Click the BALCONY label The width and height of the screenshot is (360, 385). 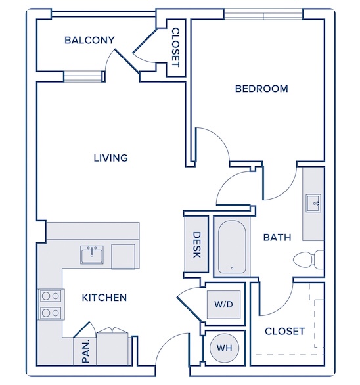(x=89, y=40)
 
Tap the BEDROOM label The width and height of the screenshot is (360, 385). (x=261, y=89)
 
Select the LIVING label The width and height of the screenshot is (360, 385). (x=111, y=158)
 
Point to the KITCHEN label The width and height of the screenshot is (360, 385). (x=104, y=298)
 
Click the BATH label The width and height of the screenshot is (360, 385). (x=277, y=237)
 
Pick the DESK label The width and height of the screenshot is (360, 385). (x=196, y=245)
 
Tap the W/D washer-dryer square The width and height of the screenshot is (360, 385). (x=223, y=304)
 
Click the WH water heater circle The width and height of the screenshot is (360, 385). (x=225, y=348)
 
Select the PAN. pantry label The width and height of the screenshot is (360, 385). (x=85, y=351)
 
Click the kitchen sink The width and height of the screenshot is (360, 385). (x=92, y=255)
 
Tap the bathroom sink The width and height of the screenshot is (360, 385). (x=313, y=203)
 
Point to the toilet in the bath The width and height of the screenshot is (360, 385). (x=309, y=260)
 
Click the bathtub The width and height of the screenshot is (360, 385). (x=232, y=247)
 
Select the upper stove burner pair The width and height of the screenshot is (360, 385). (x=51, y=296)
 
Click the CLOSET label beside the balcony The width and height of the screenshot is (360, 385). (x=176, y=47)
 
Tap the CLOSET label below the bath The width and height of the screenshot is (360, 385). (x=285, y=332)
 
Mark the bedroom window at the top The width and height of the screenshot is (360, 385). (x=263, y=14)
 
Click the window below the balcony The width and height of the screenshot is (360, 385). (x=83, y=77)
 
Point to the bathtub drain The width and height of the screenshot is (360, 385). (x=232, y=268)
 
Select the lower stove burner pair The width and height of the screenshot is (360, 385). (x=51, y=313)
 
